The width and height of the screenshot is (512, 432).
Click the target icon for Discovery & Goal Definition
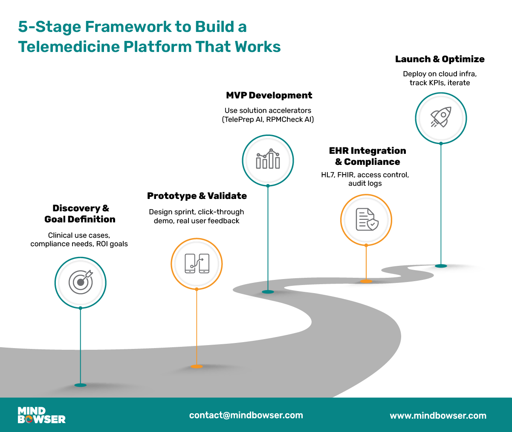click(x=81, y=282)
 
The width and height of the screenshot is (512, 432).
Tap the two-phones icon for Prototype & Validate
click(x=197, y=263)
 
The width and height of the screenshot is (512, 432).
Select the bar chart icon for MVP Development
click(x=268, y=160)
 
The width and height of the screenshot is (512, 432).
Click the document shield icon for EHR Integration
click(x=366, y=219)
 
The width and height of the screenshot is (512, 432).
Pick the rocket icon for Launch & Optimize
click(x=441, y=118)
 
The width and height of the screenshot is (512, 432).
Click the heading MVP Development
click(x=269, y=95)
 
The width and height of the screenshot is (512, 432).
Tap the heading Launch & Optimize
click(x=440, y=59)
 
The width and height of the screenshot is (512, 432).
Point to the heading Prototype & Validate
click(x=197, y=196)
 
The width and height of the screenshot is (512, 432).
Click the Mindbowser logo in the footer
click(x=41, y=415)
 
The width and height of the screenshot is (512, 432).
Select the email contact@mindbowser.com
click(x=246, y=415)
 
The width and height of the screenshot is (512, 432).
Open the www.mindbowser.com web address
click(x=438, y=415)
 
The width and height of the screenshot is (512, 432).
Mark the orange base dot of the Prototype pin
click(x=197, y=366)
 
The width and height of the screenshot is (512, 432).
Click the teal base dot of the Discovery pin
click(x=80, y=385)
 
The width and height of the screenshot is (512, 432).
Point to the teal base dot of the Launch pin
click(x=441, y=266)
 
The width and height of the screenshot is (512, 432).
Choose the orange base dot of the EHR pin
click(x=366, y=281)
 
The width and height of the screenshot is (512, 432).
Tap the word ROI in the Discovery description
click(x=102, y=244)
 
